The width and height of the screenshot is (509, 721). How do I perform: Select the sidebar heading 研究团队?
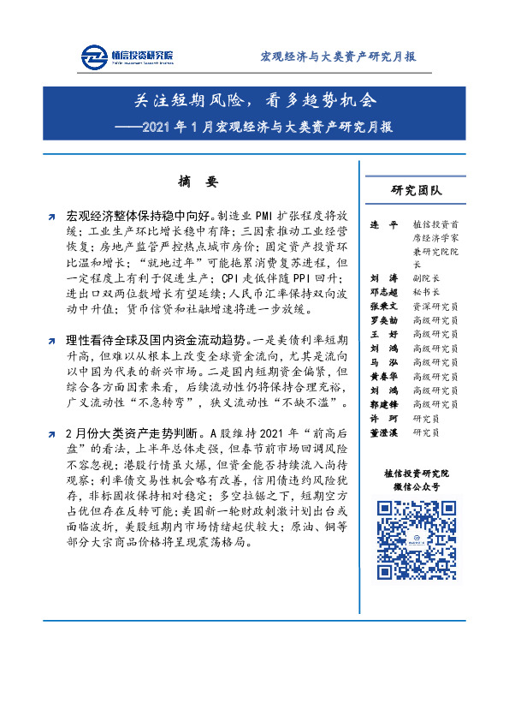417,190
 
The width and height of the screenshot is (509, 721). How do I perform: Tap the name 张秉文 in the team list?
384,304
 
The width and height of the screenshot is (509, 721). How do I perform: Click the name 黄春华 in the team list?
384,376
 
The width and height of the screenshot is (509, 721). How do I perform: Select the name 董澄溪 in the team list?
384,433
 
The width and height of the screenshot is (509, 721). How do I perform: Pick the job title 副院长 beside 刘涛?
424,277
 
